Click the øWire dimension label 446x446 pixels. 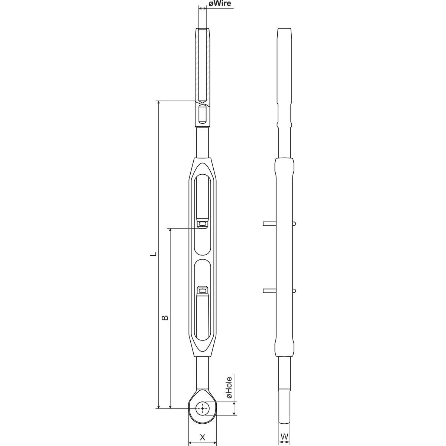point(220,4)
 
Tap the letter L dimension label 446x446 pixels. point(153,254)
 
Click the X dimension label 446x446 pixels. point(203,431)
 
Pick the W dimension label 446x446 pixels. point(284,430)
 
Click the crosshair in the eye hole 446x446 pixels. point(203,408)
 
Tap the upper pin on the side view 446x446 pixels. point(279,224)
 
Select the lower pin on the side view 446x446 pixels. point(279,291)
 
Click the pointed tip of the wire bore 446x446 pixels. point(202,103)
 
